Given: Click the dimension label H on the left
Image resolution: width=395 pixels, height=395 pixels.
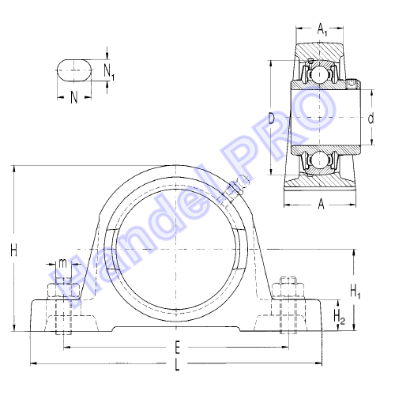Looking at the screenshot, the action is (13, 250).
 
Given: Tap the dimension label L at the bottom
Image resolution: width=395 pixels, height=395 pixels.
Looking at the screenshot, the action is (177, 365).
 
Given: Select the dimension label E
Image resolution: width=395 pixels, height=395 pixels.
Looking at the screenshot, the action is (178, 347).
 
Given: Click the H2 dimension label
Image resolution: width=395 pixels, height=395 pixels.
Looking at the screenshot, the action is (339, 317).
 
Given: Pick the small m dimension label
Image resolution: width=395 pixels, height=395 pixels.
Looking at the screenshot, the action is (62, 263).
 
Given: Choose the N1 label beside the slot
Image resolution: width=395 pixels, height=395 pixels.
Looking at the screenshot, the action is (109, 72).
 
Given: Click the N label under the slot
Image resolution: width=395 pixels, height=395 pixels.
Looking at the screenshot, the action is (74, 98).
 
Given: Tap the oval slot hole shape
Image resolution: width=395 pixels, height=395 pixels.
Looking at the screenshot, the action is (74, 70).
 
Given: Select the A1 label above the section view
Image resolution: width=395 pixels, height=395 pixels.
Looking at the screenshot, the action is (322, 29).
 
